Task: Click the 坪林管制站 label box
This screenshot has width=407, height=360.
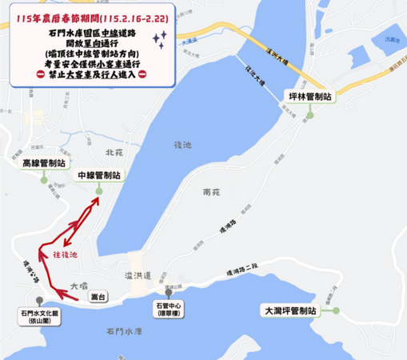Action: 307,95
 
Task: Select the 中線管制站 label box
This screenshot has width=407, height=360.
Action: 98,174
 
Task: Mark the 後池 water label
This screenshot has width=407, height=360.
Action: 182,145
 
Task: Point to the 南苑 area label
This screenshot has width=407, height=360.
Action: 211,193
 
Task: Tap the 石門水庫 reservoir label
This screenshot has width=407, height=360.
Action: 122,330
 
